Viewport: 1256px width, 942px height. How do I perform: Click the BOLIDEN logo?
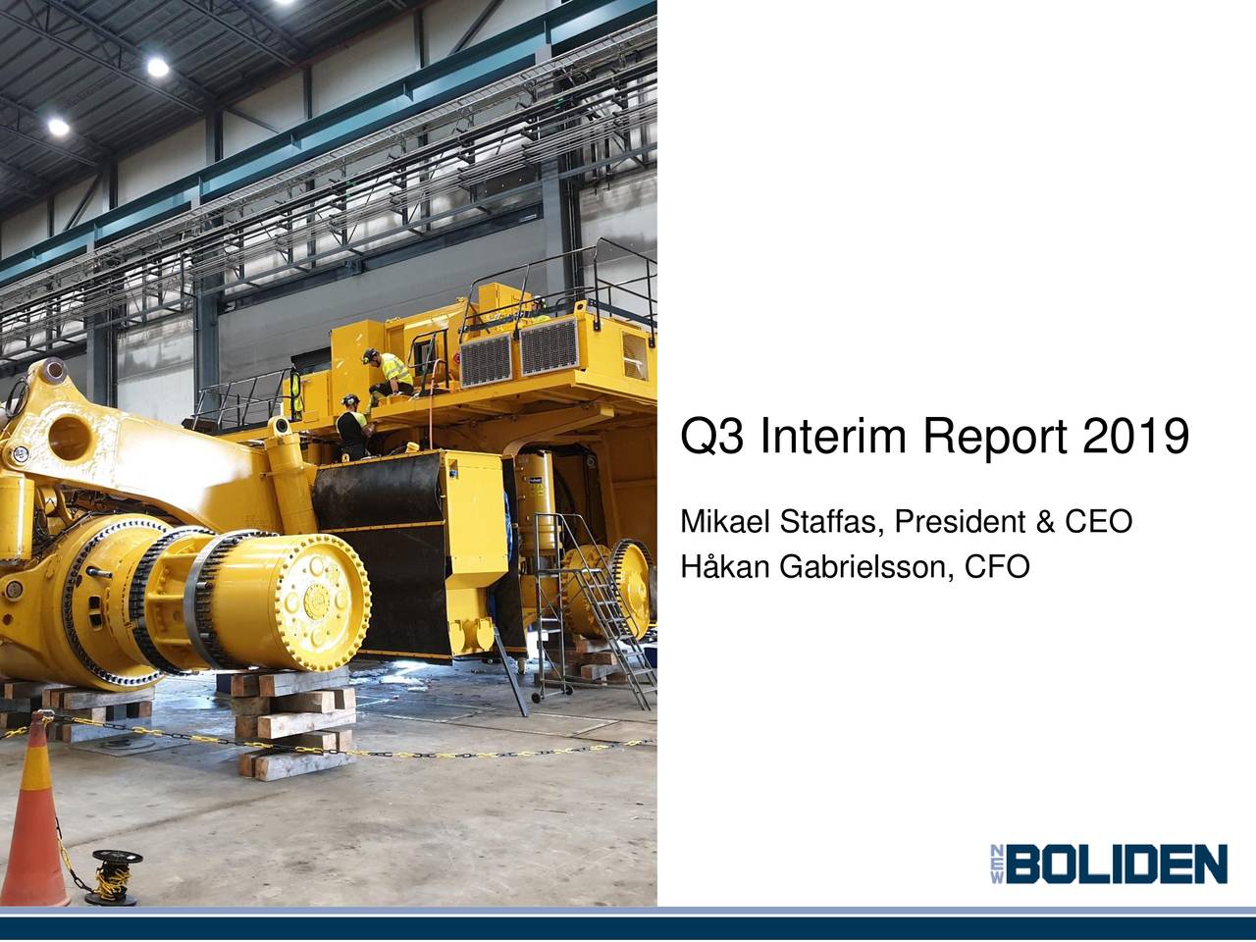pyautogui.click(x=1109, y=864)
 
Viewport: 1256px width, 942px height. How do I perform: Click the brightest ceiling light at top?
pyautogui.click(x=157, y=67)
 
